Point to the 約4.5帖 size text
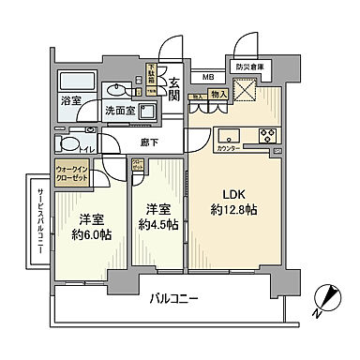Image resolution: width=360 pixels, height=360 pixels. point(157,224)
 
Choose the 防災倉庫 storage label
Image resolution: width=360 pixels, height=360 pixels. point(249,67)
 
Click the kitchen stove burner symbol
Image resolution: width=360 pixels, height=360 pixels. point(265,132)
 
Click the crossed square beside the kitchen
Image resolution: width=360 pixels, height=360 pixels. point(247,92)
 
